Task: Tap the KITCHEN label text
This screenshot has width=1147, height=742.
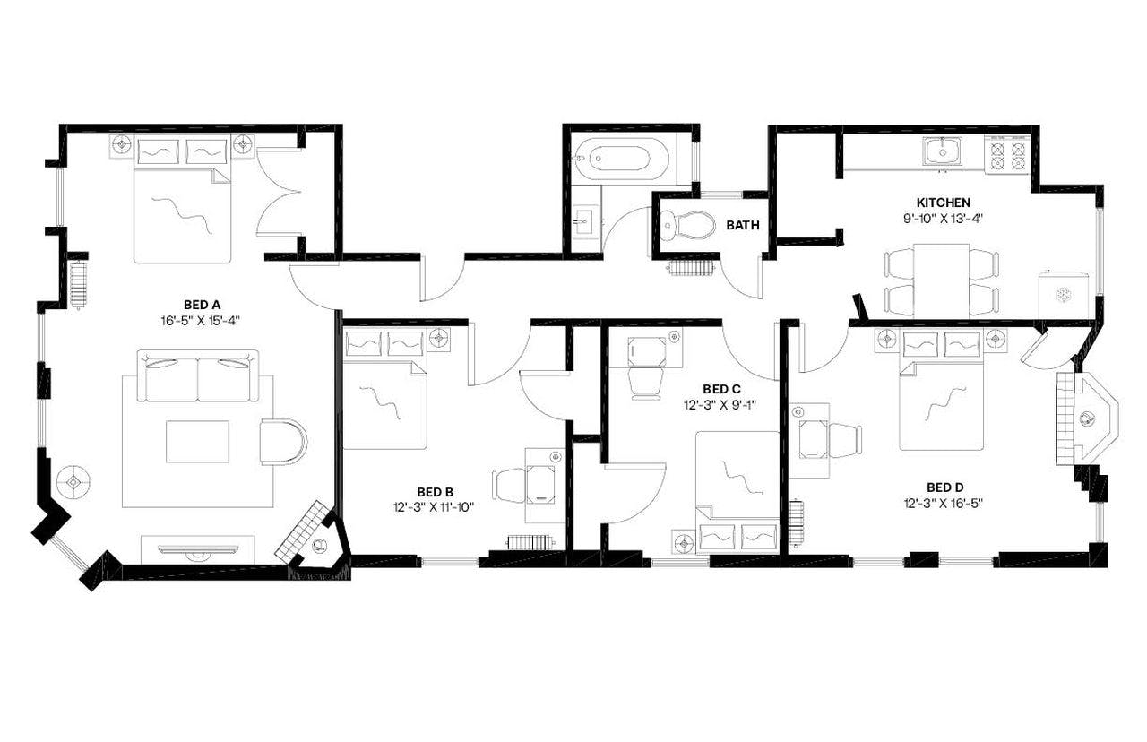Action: (x=943, y=203)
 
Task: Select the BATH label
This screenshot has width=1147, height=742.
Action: (x=742, y=225)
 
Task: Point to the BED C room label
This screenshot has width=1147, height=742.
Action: (x=721, y=389)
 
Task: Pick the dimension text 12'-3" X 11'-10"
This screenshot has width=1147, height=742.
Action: (x=434, y=506)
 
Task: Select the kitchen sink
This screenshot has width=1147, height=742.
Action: (x=943, y=152)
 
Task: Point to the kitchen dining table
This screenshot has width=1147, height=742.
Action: (x=942, y=279)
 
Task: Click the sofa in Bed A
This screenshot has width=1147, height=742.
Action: (x=197, y=377)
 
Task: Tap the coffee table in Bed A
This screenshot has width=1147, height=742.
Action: (x=197, y=441)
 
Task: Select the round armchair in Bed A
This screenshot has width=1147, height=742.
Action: (x=282, y=441)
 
